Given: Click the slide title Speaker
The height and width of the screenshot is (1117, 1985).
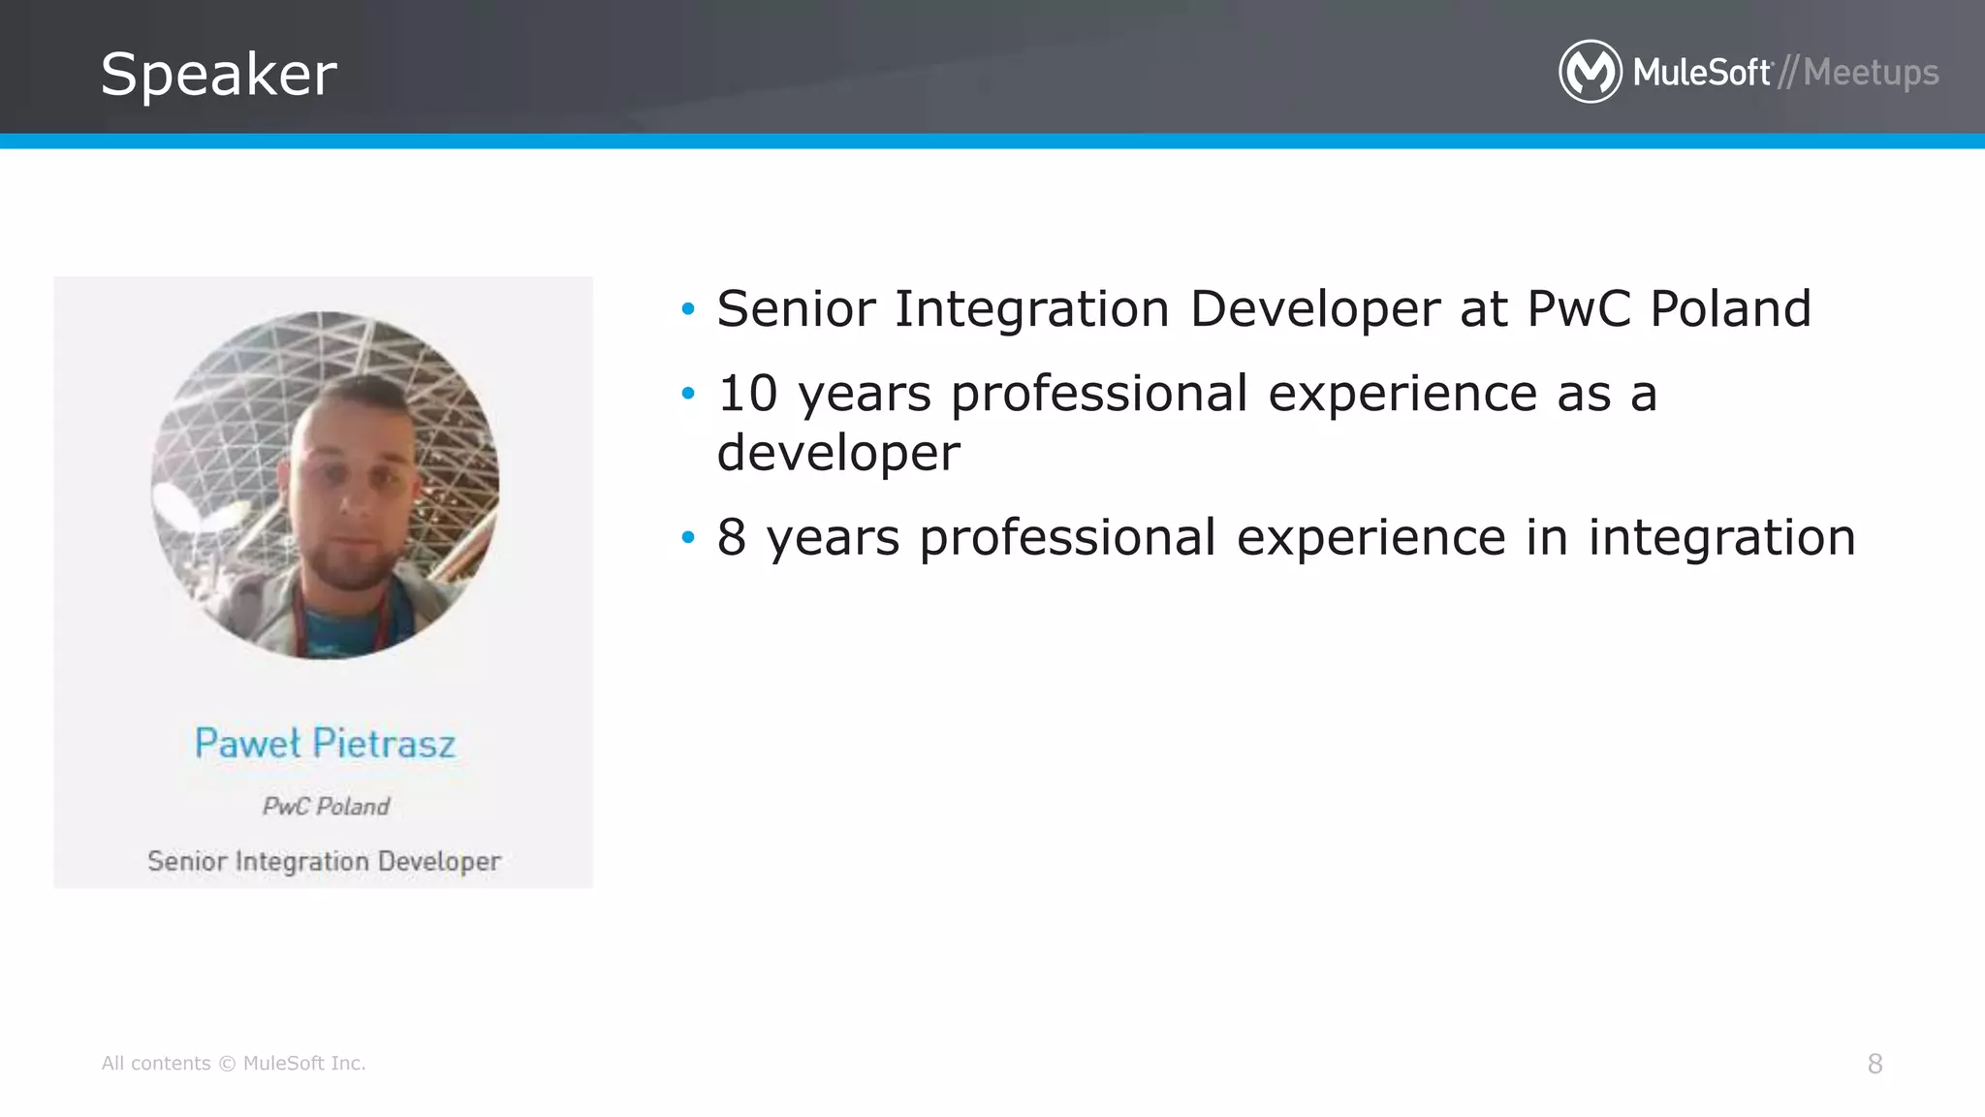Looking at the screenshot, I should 218,74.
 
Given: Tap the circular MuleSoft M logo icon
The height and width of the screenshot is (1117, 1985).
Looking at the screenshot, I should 1590,72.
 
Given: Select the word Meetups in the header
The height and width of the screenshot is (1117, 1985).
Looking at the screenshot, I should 1871,73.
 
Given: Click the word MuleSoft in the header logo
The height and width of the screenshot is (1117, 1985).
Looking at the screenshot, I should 1702,73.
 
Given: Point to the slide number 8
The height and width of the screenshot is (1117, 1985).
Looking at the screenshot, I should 1875,1064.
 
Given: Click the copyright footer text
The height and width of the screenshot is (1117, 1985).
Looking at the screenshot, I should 234,1064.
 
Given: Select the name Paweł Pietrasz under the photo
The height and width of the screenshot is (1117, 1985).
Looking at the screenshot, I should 325,744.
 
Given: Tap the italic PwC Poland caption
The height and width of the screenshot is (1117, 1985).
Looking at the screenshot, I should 326,807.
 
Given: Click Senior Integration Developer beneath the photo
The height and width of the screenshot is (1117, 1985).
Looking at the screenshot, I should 324,861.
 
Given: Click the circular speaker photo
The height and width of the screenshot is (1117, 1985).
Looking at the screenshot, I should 325,485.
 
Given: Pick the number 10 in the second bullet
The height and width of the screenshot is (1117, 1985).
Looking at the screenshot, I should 747,394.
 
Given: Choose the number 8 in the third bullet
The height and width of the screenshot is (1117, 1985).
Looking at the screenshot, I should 732,537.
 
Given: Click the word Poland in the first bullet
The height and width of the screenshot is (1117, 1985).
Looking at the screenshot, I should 1730,309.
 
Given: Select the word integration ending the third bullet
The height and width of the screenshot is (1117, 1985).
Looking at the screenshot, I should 1721,537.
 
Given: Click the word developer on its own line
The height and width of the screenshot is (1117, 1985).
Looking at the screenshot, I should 838,453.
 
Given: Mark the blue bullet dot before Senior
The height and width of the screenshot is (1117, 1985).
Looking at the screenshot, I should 688,309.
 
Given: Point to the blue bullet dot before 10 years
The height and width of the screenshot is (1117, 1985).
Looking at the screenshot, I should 688,394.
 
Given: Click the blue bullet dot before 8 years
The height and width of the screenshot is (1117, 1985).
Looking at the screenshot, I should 688,537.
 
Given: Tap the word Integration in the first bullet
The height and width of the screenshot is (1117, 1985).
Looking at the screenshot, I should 1031,309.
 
